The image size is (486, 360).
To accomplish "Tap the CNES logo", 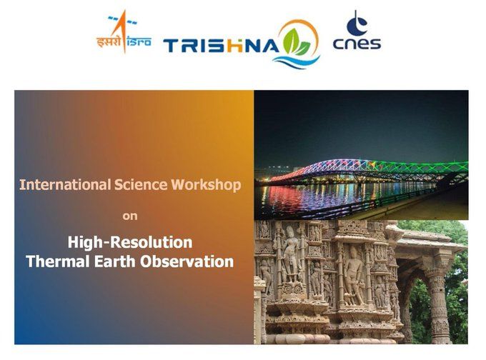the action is pos(357,30).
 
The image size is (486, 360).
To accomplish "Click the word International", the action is pos(65,185).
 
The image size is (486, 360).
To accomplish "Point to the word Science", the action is pos(141,185).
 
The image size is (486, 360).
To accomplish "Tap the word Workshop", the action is pos(206,185).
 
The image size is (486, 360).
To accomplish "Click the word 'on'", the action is pos(130,216).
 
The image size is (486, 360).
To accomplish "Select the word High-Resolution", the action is pos(130,242).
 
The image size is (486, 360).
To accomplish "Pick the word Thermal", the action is pos(59,261).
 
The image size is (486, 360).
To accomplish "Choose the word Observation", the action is pos(187,261).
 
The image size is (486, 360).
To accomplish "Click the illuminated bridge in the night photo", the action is pos(366,171).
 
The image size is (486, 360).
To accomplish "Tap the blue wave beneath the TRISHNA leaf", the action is pos(297,61).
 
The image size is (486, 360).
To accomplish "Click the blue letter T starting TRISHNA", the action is pos(172,46).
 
